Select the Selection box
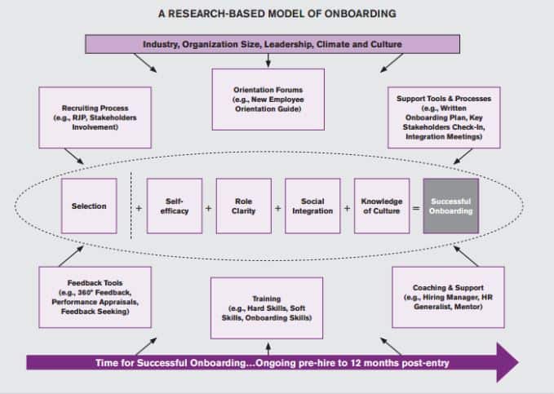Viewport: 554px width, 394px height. pos(89,206)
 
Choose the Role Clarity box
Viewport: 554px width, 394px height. pos(242,206)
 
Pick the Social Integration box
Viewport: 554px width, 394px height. pos(312,206)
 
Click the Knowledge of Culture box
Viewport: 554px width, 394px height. pos(382,206)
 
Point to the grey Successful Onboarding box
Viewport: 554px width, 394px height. pos(451,206)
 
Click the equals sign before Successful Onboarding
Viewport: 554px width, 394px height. pos(416,208)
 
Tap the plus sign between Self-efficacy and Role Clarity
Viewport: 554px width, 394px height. pos(208,208)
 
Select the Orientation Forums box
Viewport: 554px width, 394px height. pos(268,99)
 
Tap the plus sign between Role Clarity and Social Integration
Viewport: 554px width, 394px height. pos(277,208)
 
